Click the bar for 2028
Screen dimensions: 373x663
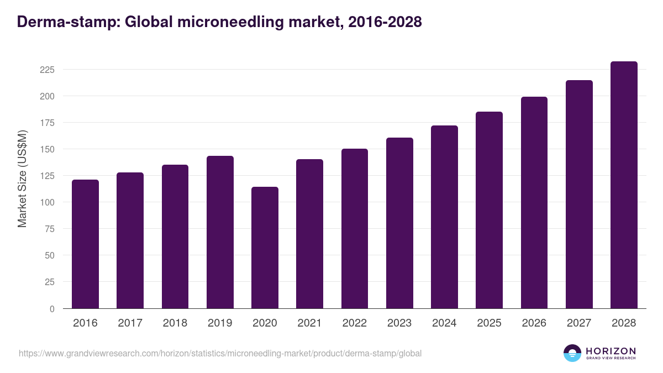(624, 185)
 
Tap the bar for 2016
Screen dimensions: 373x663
(85, 244)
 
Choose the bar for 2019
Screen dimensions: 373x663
(220, 232)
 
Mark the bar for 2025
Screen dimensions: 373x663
(489, 210)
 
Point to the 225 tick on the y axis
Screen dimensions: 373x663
(47, 70)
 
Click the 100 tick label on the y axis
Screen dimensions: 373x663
(47, 202)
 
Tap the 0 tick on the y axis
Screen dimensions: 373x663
(52, 309)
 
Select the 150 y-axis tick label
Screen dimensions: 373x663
(47, 149)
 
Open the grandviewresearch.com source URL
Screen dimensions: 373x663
(220, 353)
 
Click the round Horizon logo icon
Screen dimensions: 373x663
(572, 353)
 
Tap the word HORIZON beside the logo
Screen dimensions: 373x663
(611, 351)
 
